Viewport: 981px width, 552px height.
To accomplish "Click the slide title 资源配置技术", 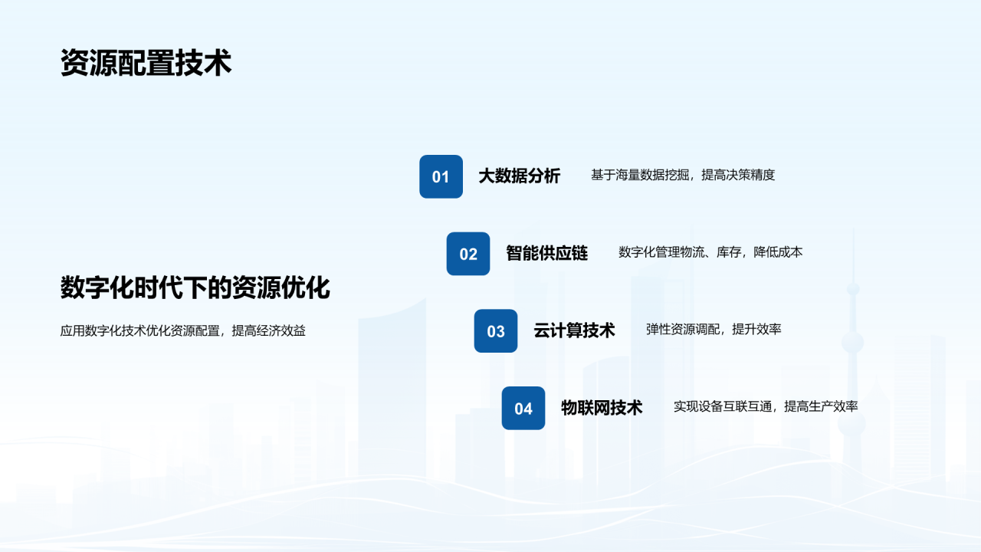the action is tap(146, 63).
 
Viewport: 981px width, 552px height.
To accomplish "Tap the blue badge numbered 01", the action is tap(441, 176).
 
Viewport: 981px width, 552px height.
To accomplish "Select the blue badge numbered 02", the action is tap(468, 254).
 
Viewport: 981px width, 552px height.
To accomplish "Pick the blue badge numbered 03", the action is tap(496, 330).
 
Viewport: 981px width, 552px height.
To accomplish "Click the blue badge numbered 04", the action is tap(523, 408).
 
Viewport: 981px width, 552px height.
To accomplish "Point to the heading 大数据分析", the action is tap(520, 176).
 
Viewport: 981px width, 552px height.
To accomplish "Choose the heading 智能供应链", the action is tap(547, 253).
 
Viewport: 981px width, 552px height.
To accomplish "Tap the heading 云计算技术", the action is tap(574, 330).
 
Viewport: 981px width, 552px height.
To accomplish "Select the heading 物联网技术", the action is tap(602, 407).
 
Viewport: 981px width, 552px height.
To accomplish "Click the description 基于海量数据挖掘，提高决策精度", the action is tap(683, 176).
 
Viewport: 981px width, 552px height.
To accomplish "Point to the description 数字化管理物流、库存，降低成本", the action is tap(710, 252).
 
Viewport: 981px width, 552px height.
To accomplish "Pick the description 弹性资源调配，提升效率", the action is tap(714, 330).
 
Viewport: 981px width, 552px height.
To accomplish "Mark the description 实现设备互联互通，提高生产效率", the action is tap(766, 406).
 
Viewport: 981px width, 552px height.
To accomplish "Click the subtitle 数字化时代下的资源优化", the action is tap(195, 287).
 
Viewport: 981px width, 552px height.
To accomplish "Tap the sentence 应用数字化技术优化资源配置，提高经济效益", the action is tap(182, 330).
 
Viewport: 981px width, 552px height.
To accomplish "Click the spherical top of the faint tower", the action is tap(853, 289).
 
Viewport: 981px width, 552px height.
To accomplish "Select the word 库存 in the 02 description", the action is tap(729, 252).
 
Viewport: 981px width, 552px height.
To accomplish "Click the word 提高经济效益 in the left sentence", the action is tap(268, 330).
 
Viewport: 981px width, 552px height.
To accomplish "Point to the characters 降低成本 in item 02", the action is tap(778, 252).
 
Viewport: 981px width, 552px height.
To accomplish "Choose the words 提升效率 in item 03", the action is tap(756, 330).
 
